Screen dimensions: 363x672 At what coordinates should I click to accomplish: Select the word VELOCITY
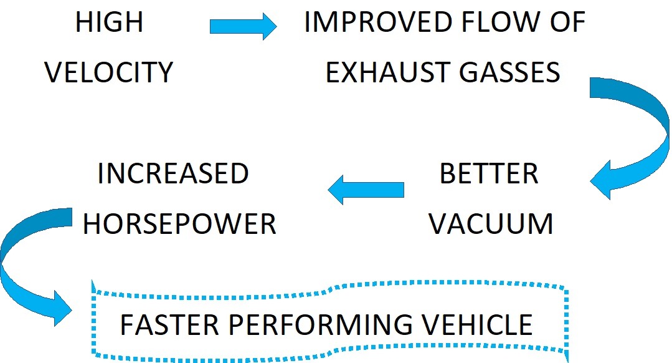(109, 73)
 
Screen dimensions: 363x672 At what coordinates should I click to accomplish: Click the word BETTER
(489, 174)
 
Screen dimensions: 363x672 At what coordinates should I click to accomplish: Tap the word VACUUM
(491, 224)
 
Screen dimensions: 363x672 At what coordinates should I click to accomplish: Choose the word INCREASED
(173, 174)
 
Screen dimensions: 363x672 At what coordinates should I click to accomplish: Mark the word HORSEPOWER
(179, 224)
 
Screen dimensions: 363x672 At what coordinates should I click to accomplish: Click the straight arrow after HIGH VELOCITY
(243, 26)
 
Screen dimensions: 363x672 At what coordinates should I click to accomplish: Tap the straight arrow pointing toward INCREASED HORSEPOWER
(366, 190)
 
